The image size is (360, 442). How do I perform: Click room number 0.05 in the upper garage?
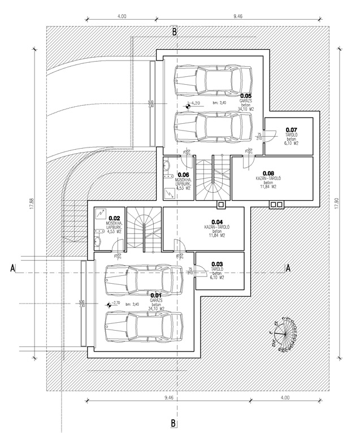click(x=245, y=96)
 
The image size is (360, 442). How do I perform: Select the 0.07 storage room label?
click(x=291, y=129)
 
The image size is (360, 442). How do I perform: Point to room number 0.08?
click(x=268, y=174)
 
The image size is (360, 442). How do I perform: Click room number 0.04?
click(x=216, y=222)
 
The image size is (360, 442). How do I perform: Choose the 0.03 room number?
click(x=216, y=264)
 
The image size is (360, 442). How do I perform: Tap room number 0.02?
click(x=115, y=218)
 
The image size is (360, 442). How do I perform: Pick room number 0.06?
click(x=184, y=175)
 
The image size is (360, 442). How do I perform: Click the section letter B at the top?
click(x=175, y=32)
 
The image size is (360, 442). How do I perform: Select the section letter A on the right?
click(x=288, y=269)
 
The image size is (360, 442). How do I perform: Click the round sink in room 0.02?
click(x=97, y=243)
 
